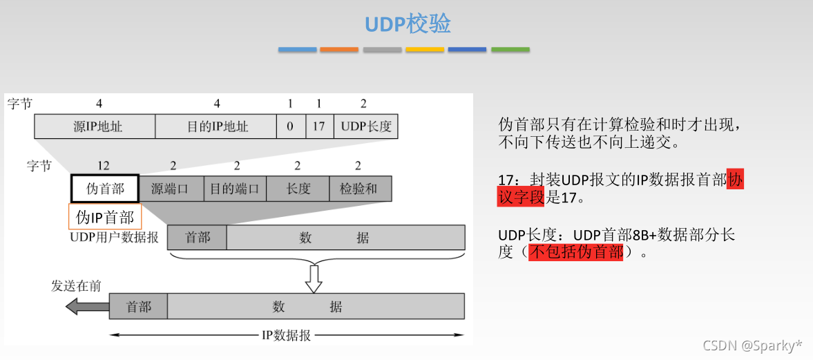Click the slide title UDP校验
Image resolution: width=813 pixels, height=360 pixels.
pyautogui.click(x=408, y=23)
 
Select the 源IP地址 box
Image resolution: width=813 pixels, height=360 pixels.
pyautogui.click(x=95, y=127)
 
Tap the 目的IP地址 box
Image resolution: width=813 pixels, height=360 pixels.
pyautogui.click(x=216, y=127)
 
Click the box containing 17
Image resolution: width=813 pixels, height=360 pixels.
pyautogui.click(x=319, y=127)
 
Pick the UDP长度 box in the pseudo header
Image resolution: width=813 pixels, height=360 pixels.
pyautogui.click(x=365, y=127)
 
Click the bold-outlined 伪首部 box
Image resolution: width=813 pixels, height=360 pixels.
pyautogui.click(x=105, y=188)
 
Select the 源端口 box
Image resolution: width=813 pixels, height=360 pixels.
pyautogui.click(x=171, y=188)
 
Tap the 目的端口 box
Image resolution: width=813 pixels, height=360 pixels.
pyautogui.click(x=235, y=188)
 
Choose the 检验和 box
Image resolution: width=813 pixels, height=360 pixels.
pyautogui.click(x=359, y=188)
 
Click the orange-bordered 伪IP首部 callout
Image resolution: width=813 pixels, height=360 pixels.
pyautogui.click(x=105, y=217)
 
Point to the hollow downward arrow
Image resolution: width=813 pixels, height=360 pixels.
pyautogui.click(x=314, y=278)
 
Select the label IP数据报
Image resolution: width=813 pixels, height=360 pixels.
pyautogui.click(x=286, y=336)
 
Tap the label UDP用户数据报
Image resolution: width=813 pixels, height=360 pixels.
pyautogui.click(x=115, y=238)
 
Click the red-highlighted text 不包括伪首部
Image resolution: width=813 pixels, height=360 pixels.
pyautogui.click(x=576, y=253)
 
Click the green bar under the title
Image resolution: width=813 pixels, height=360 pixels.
pyautogui.click(x=510, y=50)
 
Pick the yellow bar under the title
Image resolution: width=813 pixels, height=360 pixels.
pyautogui.click(x=425, y=50)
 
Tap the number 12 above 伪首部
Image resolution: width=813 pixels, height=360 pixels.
pyautogui.click(x=103, y=166)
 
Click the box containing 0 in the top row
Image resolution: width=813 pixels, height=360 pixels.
pyautogui.click(x=291, y=127)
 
